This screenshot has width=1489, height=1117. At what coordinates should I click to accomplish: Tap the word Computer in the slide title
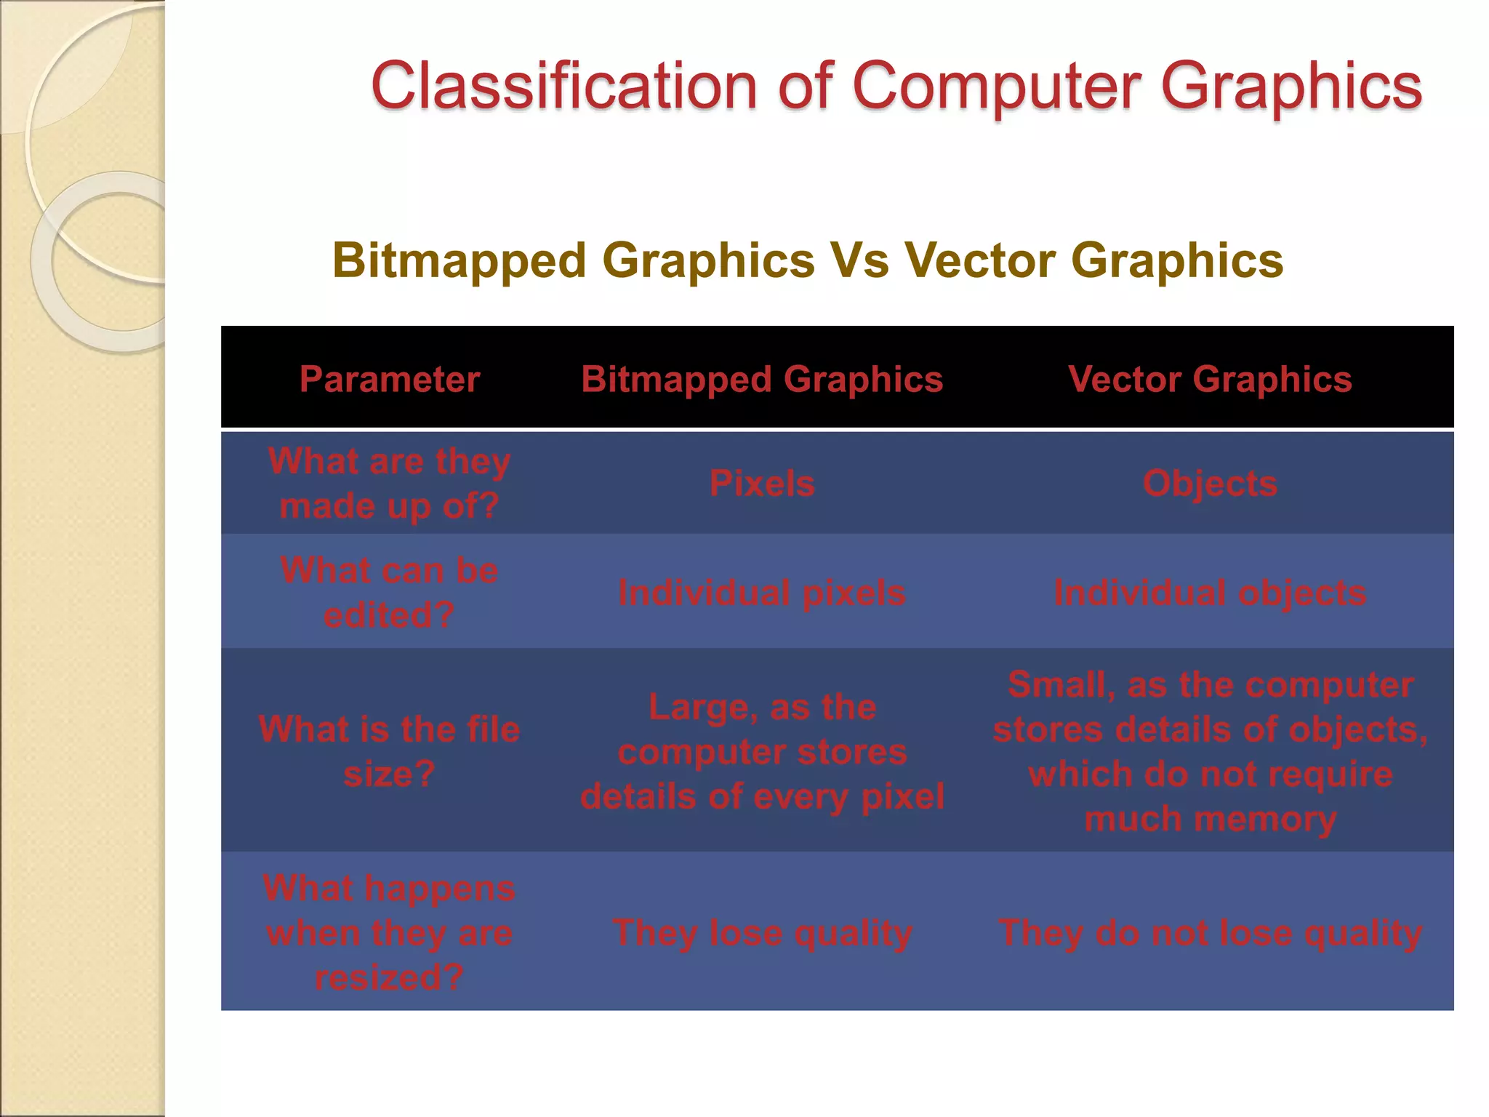997,87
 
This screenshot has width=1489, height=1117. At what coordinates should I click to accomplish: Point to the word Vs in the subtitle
859,260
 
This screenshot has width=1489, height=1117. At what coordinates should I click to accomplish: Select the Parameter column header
390,379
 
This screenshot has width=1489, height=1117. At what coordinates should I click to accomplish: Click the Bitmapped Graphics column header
762,379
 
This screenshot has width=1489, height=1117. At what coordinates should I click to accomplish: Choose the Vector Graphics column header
1210,379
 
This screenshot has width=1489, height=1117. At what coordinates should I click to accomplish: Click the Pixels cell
762,484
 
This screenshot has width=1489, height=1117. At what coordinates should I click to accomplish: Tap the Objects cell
1210,484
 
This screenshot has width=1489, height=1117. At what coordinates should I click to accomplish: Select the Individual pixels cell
762,593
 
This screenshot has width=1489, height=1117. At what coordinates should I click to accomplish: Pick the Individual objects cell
1210,593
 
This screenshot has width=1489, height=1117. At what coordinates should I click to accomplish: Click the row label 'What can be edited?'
390,593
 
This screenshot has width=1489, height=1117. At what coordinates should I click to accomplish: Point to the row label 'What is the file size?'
390,751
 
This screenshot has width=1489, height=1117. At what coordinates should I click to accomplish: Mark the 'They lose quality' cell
762,932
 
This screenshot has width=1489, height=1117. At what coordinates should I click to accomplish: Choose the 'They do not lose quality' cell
1210,932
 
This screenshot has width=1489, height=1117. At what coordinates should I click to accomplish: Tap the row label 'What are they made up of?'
390,484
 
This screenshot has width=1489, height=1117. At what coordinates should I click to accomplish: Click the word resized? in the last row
390,977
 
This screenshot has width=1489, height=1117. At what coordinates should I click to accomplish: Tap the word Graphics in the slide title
1291,87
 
